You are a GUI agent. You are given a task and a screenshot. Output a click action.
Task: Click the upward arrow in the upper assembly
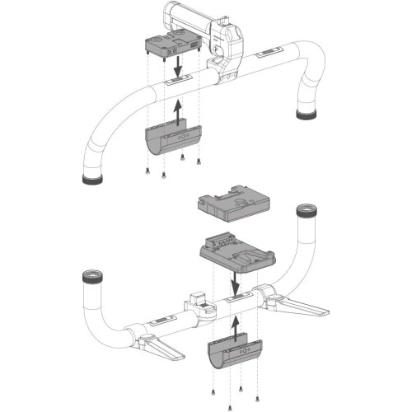pyautogui.click(x=177, y=110)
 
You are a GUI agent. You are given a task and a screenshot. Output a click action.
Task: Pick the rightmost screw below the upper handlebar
pyautogui.click(x=199, y=161)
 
